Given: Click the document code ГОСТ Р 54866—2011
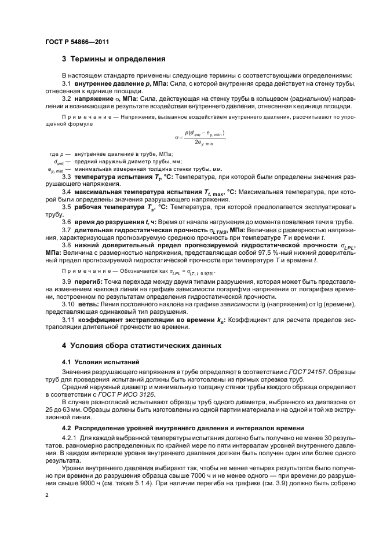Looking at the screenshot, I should (x=78, y=42).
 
